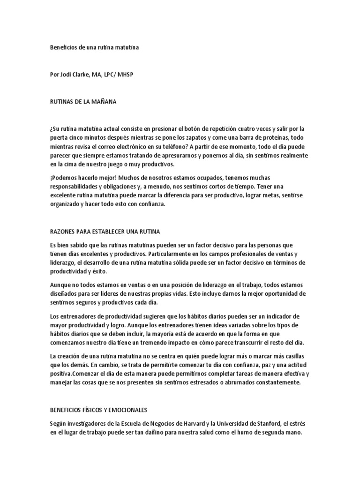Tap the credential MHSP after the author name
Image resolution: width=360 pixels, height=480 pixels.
coord(131,74)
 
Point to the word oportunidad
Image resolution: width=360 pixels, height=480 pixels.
coord(275,294)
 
